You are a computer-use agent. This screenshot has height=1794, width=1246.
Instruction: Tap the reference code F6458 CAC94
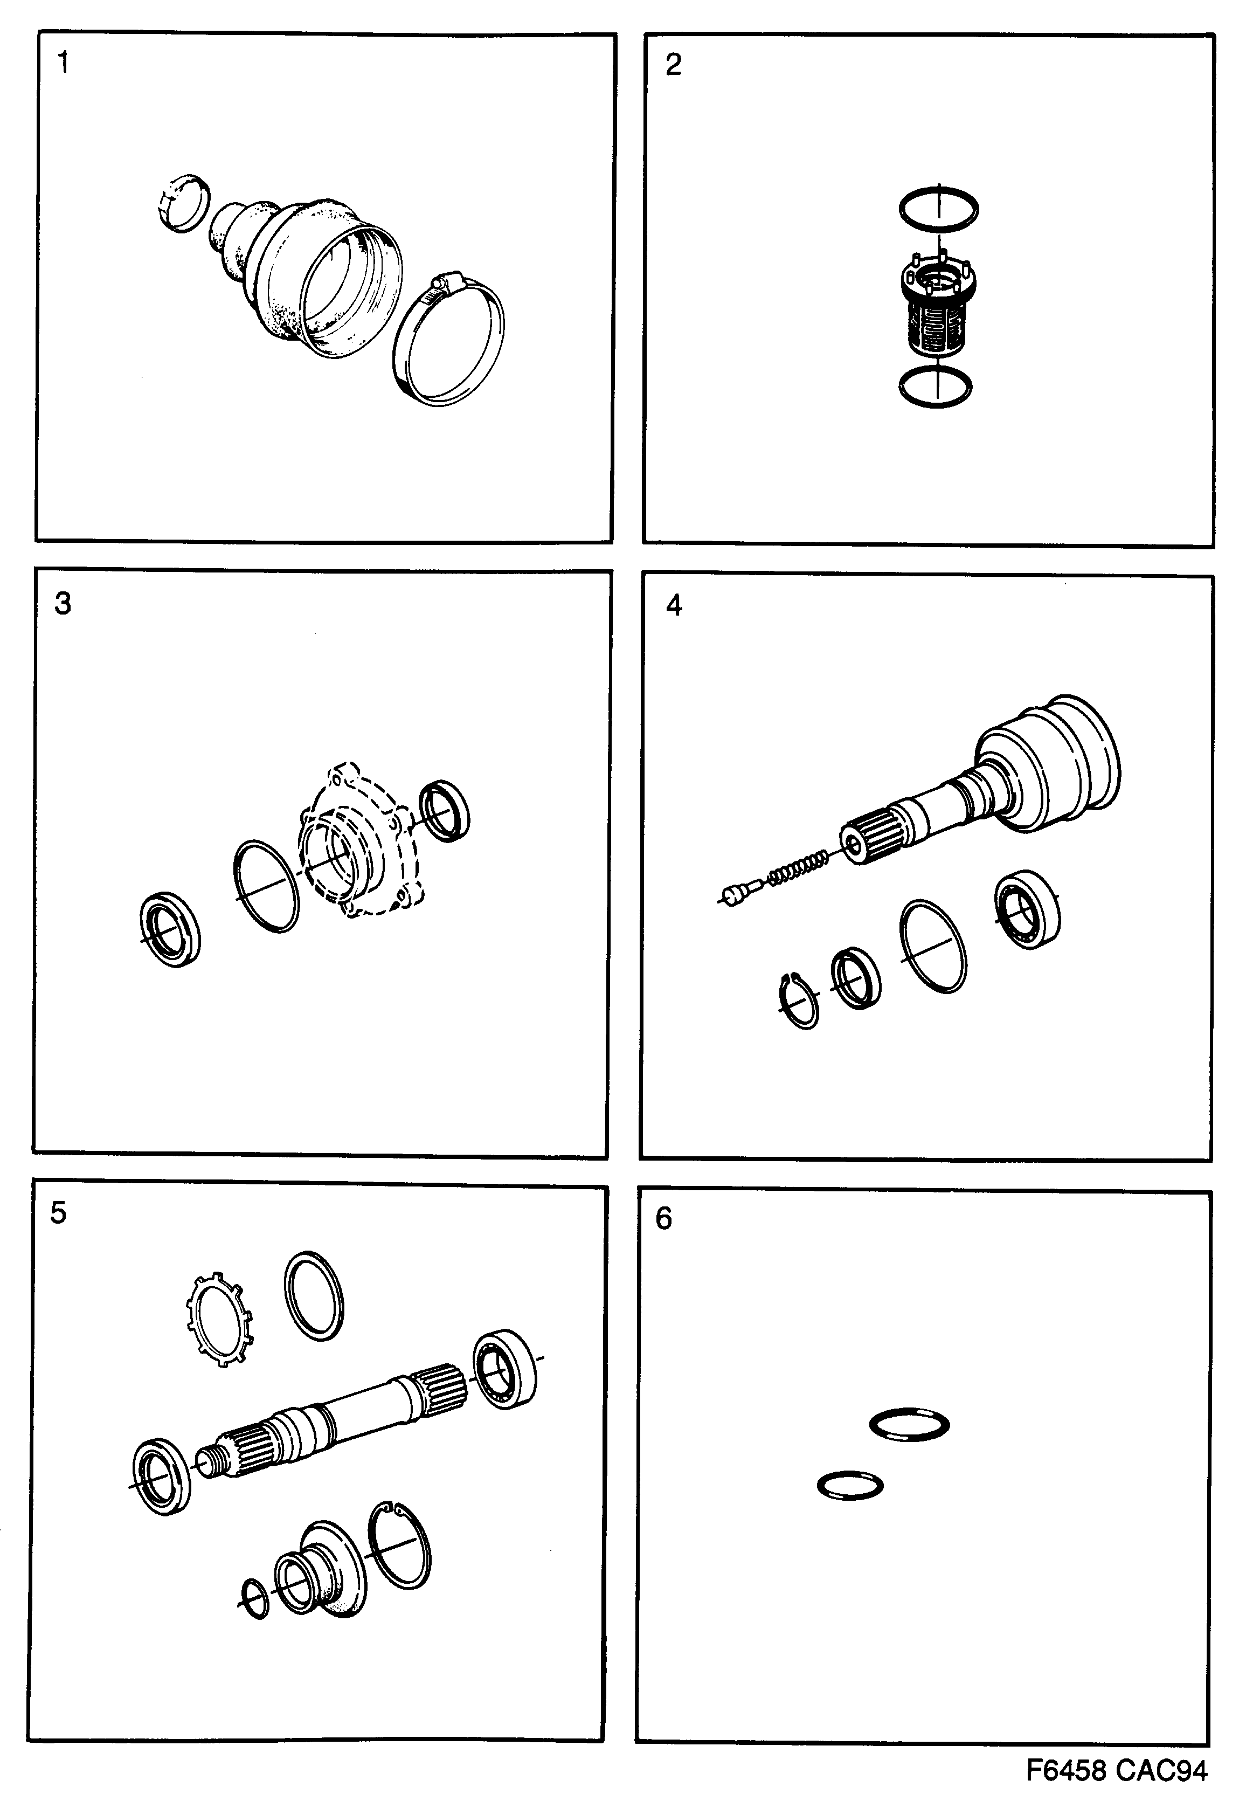[x=1117, y=1771]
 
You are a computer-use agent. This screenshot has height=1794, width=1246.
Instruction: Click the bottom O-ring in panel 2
[x=934, y=387]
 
